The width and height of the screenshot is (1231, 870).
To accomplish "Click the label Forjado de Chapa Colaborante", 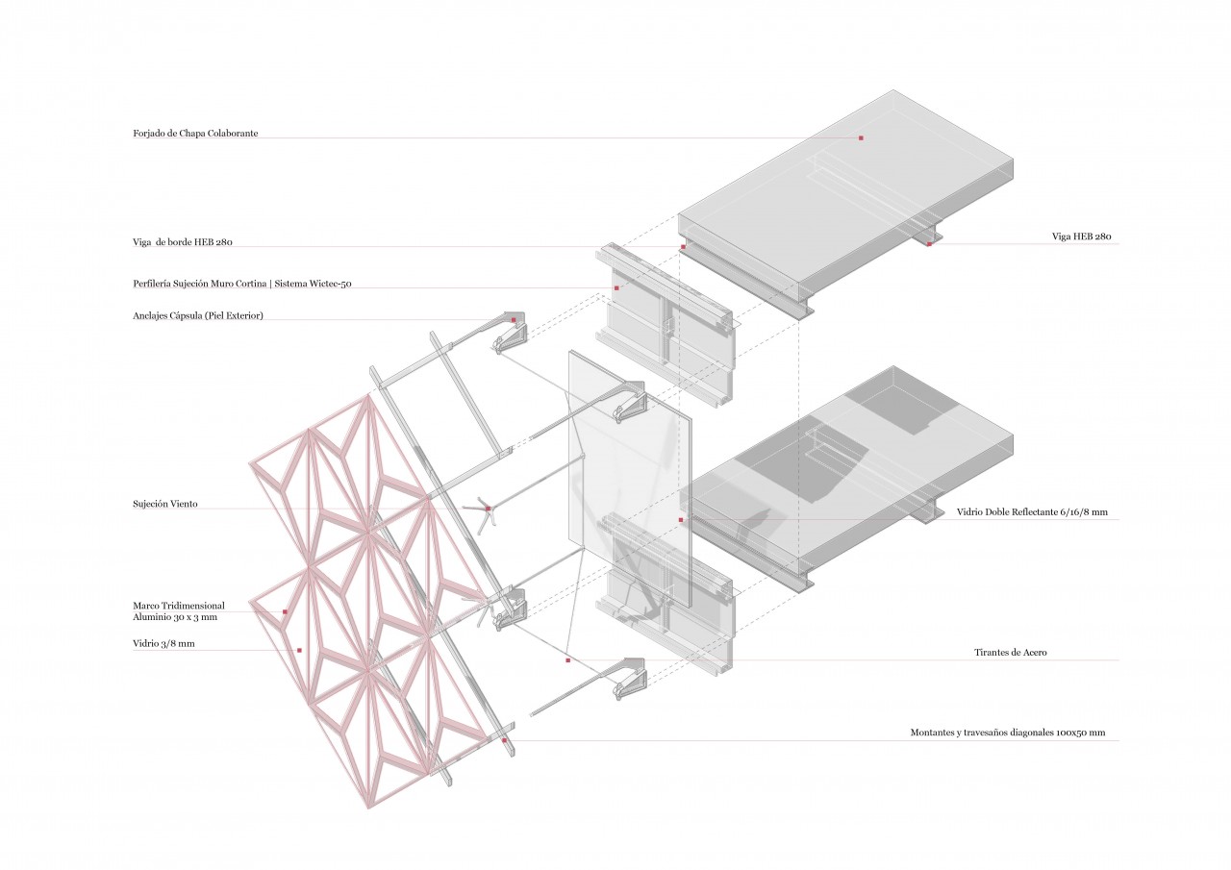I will [x=195, y=134].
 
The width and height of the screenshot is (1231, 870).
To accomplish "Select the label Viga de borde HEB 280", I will [x=183, y=242].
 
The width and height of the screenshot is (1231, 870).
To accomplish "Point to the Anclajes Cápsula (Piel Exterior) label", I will [x=197, y=315].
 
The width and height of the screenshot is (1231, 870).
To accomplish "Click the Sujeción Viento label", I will [x=165, y=504].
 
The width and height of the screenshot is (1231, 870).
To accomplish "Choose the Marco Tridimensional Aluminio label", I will [x=179, y=611].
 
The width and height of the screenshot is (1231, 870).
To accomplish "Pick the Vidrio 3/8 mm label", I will [x=163, y=644].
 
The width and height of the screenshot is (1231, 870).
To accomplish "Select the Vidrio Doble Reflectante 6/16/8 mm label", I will [x=1032, y=512].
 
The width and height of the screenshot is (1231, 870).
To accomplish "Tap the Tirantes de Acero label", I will [x=1010, y=653].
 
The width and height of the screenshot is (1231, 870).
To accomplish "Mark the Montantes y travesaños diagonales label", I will [x=1007, y=733].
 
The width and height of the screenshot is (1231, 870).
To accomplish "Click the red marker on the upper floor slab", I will [x=861, y=138].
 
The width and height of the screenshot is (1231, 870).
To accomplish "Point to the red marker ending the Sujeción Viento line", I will [x=488, y=509].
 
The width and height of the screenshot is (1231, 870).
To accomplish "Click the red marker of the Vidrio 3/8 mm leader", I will [x=300, y=651].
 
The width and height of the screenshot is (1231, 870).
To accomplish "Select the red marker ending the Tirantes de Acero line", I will [x=567, y=660].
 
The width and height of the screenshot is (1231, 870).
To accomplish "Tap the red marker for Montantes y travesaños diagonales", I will [x=504, y=740].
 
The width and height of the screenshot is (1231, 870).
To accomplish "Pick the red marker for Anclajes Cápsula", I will [x=514, y=320].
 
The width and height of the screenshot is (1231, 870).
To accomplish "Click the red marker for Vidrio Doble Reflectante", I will [x=681, y=520].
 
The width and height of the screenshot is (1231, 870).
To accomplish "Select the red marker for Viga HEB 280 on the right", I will [x=929, y=244].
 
